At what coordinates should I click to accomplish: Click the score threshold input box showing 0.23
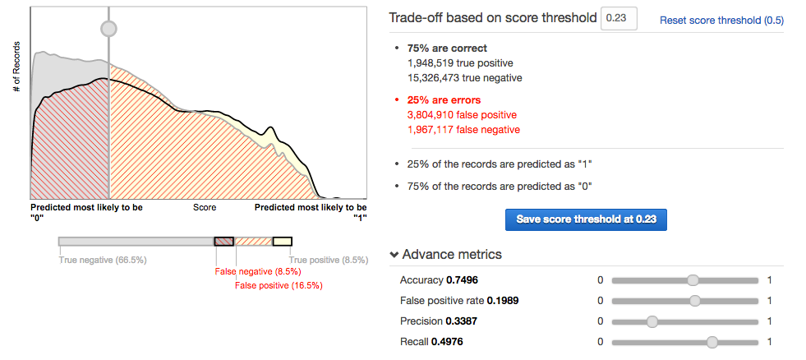pyautogui.click(x=619, y=18)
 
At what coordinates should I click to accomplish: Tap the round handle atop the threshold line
pyautogui.click(x=108, y=28)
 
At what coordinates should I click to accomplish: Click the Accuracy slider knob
pyautogui.click(x=693, y=280)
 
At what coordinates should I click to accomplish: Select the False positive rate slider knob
pyautogui.click(x=695, y=301)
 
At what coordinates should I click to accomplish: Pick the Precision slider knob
pyautogui.click(x=652, y=321)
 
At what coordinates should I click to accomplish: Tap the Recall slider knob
pyautogui.click(x=712, y=341)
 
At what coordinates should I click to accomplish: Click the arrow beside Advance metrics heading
pyautogui.click(x=394, y=255)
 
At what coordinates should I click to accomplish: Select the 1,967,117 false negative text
pyautogui.click(x=463, y=129)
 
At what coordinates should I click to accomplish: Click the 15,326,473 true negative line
pyautogui.click(x=464, y=77)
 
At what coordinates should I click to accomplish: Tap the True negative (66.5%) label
pyautogui.click(x=103, y=260)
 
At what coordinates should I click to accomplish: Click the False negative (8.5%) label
pyautogui.click(x=258, y=272)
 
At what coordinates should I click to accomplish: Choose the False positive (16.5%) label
pyautogui.click(x=279, y=285)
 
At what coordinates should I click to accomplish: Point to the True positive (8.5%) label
pyautogui.click(x=327, y=260)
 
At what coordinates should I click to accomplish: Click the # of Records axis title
pyautogui.click(x=16, y=62)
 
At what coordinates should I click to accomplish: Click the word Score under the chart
pyautogui.click(x=205, y=208)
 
